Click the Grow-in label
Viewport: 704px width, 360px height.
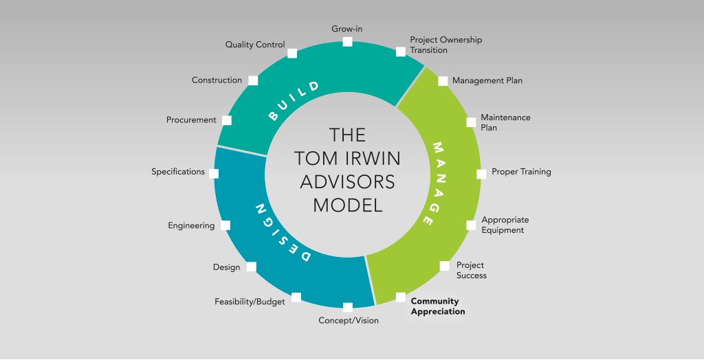point(347,29)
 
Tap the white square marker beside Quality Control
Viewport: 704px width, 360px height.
point(291,54)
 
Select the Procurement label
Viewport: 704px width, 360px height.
point(191,120)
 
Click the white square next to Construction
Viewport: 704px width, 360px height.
point(253,80)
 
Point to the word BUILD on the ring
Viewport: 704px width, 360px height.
point(294,101)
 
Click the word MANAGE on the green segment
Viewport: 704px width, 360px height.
point(433,183)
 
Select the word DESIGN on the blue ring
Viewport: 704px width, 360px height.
point(282,233)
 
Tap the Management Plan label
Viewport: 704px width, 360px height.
point(487,81)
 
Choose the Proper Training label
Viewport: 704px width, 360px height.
point(521,172)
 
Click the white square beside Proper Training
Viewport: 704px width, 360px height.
point(481,175)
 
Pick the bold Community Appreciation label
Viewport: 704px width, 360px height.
point(438,306)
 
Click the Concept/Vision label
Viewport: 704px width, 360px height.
point(349,321)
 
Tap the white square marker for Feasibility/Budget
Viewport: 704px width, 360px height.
point(296,297)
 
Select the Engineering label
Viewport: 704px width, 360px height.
point(191,225)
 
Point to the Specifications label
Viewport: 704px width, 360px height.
point(178,172)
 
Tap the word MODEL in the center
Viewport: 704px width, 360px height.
point(347,205)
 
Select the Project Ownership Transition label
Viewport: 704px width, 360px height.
point(445,45)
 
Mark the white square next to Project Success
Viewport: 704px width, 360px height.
point(445,266)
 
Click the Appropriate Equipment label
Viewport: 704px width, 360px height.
point(505,225)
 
